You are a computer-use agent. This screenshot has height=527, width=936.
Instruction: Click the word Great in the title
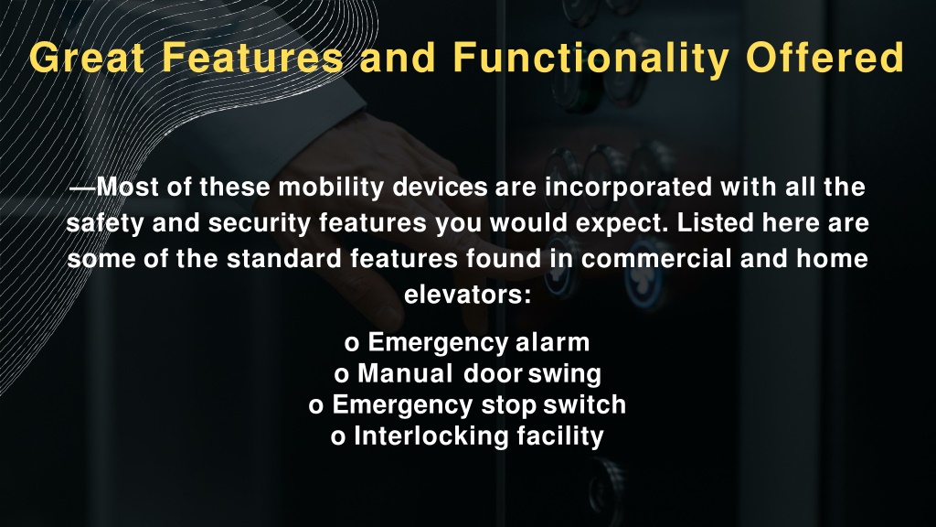pyautogui.click(x=87, y=58)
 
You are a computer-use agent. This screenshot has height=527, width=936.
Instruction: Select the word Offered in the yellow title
pyautogui.click(x=825, y=58)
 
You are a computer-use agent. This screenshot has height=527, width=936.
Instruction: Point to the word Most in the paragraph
pyautogui.click(x=128, y=187)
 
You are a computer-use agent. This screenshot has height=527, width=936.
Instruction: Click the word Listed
pyautogui.click(x=715, y=223)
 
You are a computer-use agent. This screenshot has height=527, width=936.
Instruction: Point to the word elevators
pyautogui.click(x=467, y=295)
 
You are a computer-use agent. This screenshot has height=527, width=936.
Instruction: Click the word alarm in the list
pyautogui.click(x=552, y=342)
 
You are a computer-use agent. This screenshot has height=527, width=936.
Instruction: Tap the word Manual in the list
pyautogui.click(x=405, y=373)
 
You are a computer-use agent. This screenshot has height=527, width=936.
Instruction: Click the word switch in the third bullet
pyautogui.click(x=584, y=404)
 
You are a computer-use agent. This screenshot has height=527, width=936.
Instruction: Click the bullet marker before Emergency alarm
pyautogui.click(x=352, y=344)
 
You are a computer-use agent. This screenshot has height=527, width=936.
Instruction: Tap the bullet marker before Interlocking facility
pyautogui.click(x=338, y=437)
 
